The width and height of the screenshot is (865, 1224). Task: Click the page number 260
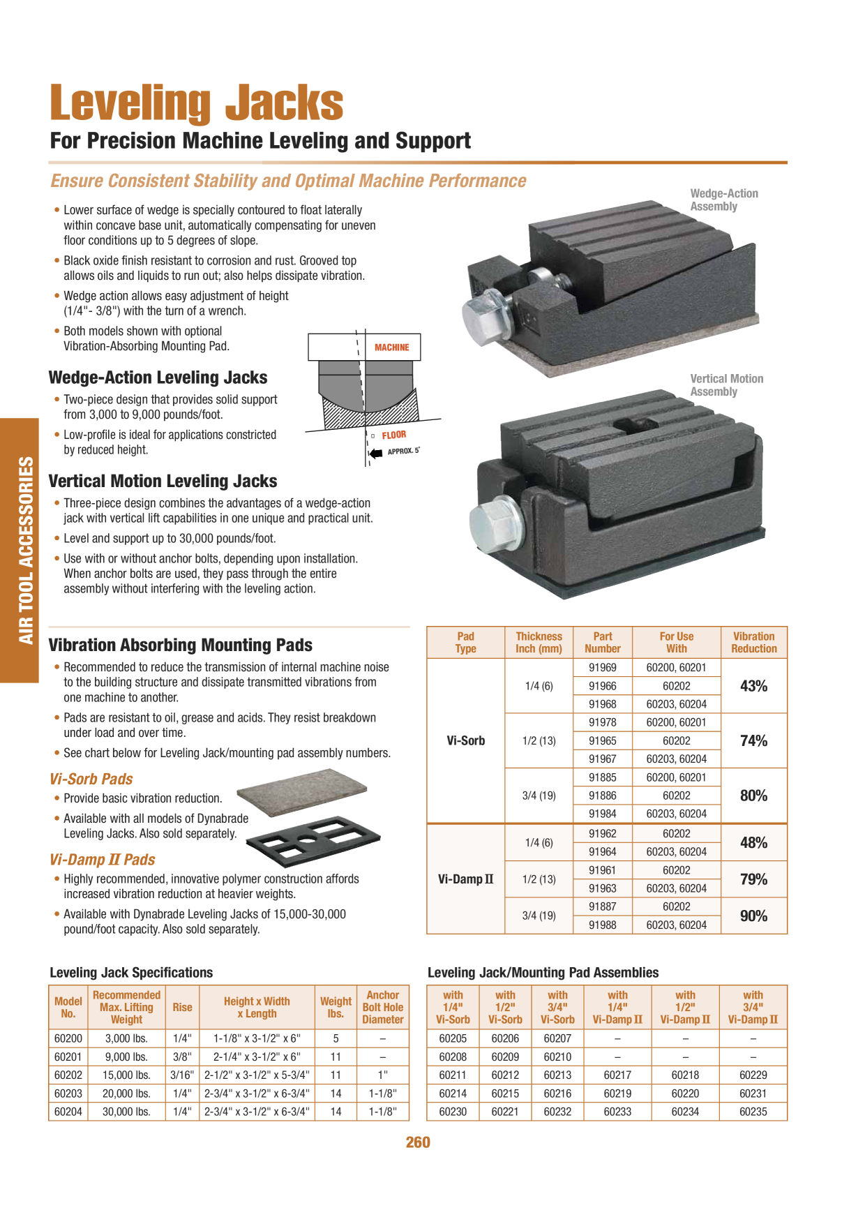coord(418,1142)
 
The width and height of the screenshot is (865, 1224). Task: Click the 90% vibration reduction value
coord(753,916)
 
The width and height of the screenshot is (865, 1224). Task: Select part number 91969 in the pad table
coord(602,668)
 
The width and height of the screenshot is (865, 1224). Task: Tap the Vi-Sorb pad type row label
coord(466,740)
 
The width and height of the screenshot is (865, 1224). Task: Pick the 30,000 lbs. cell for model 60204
coord(126,1112)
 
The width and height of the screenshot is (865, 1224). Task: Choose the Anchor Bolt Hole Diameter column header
coord(383,1007)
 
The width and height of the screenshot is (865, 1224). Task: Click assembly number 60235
coord(753,1112)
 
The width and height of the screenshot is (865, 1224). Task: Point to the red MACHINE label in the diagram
coord(392,348)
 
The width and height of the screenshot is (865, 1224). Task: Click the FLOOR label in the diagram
coord(394,435)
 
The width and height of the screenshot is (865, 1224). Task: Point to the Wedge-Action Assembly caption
coord(724,200)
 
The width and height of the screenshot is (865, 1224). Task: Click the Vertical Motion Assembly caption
coord(727,385)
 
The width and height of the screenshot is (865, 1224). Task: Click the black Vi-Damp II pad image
coord(313,841)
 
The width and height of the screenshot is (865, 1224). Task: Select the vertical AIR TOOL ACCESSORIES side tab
coord(26,551)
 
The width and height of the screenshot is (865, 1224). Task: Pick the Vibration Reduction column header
coord(753,642)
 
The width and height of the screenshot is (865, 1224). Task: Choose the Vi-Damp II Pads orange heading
coord(103,860)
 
